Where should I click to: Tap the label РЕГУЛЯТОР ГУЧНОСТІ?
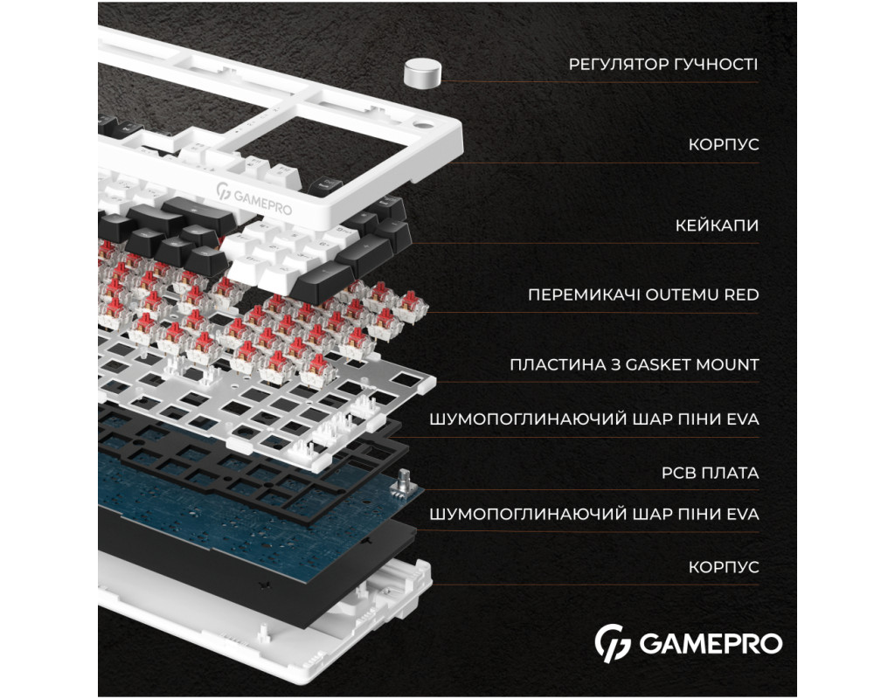663,65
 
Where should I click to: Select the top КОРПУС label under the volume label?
723,144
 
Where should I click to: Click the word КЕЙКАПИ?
717,225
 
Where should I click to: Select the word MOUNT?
726,364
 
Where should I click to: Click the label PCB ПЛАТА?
710,473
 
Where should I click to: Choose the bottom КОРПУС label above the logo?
723,567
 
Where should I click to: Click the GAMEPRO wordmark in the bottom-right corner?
711,644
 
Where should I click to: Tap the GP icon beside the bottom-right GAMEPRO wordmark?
613,643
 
